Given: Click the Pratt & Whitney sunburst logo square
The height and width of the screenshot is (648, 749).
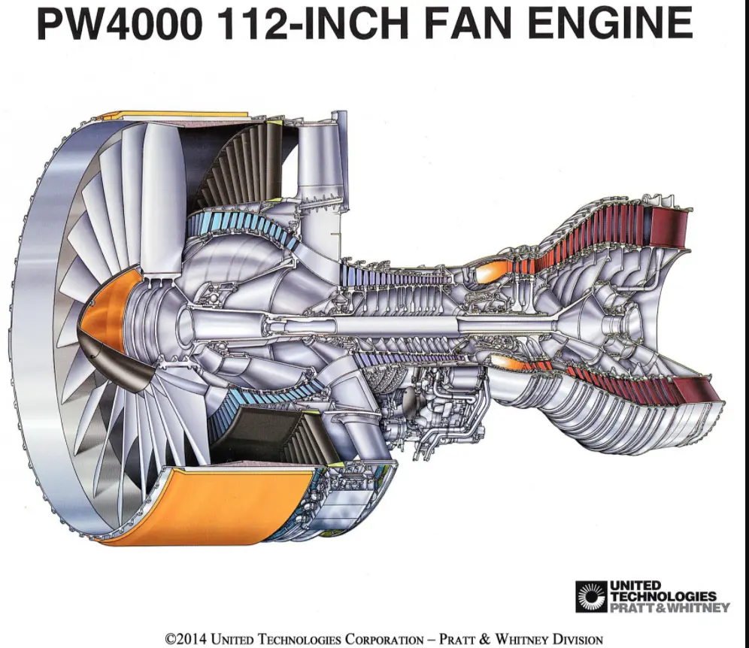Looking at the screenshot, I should [590, 596].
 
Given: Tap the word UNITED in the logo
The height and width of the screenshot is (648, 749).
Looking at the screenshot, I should [635, 586].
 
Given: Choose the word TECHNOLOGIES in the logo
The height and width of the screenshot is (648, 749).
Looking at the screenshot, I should [663, 596].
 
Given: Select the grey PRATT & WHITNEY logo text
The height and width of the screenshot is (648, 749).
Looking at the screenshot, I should [669, 607].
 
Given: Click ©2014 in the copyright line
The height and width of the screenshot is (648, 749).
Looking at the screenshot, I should [185, 640].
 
